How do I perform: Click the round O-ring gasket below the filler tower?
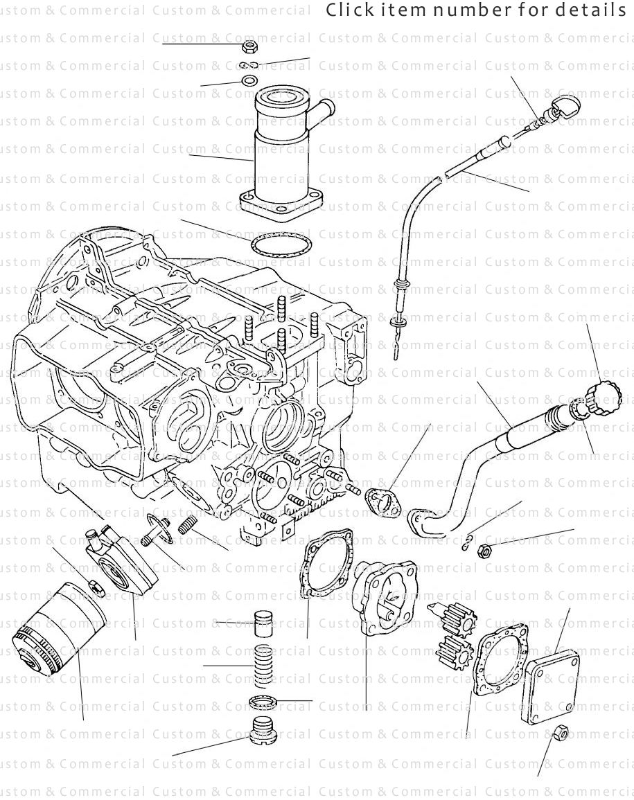pos(279,246)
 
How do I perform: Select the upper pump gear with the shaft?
pos(455,618)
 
